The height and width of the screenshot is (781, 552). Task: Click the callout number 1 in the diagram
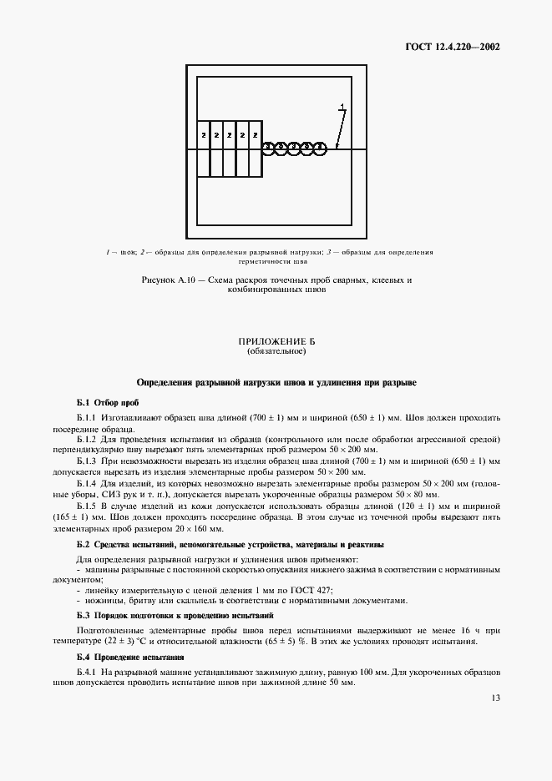click(x=342, y=106)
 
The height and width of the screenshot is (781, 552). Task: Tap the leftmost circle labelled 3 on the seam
click(x=270, y=149)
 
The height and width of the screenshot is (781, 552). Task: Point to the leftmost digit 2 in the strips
click(x=204, y=134)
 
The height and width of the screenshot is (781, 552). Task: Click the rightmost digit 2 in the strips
click(x=254, y=134)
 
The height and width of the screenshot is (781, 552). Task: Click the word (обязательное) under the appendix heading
click(x=276, y=352)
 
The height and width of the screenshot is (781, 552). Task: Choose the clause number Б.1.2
click(x=88, y=438)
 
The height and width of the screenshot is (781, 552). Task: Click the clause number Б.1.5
click(x=88, y=506)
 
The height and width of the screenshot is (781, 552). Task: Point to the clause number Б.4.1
click(x=88, y=672)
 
